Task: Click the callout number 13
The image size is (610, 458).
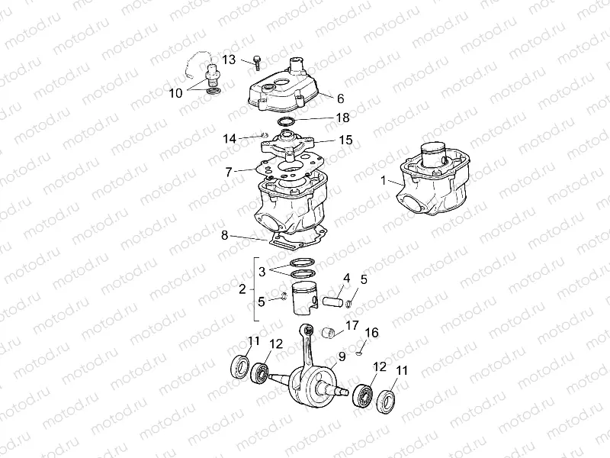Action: [230, 59]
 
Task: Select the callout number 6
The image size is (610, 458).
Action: [340, 98]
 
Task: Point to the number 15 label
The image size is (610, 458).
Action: [345, 140]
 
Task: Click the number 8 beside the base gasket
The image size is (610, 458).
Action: [224, 235]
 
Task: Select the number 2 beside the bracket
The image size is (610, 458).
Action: [242, 289]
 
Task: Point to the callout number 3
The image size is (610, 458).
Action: [262, 271]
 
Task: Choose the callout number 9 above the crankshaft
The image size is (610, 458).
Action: [342, 356]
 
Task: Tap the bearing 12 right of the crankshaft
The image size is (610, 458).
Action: [362, 396]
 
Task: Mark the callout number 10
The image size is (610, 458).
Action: [176, 93]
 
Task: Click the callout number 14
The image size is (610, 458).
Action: [230, 138]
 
